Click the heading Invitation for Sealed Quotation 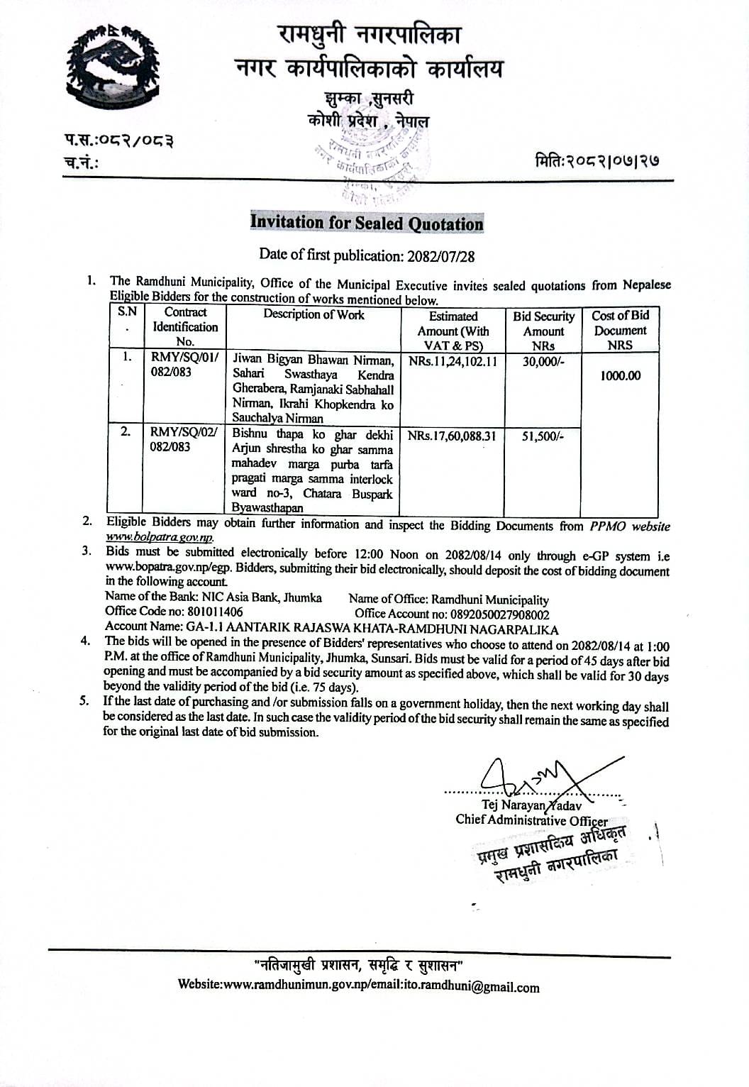pos(367,223)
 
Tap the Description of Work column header pos(314,314)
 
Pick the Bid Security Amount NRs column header pos(543,331)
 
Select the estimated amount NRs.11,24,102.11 pos(453,360)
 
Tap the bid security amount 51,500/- pos(543,436)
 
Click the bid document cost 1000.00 pos(621,375)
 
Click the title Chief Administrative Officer pos(531,820)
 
